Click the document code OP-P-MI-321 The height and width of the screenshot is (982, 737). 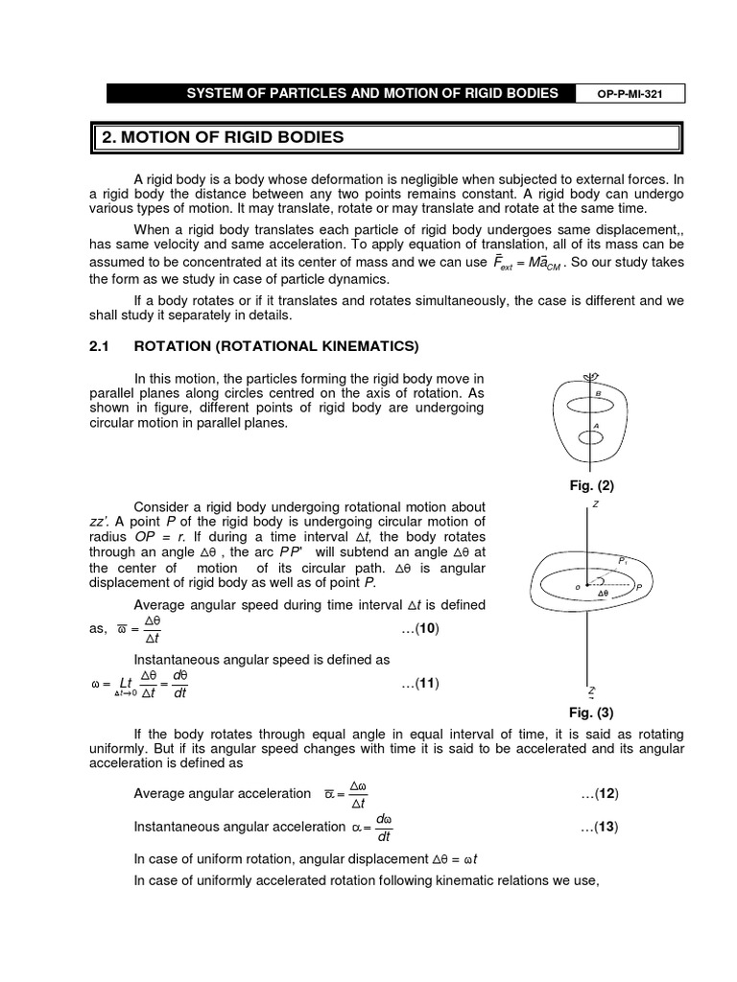pyautogui.click(x=627, y=93)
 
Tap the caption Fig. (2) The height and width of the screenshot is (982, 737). pyautogui.click(x=591, y=486)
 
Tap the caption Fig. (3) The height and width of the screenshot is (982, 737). pyautogui.click(x=591, y=713)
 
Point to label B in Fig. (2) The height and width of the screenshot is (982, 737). pyautogui.click(x=598, y=393)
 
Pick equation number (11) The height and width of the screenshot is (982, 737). pyautogui.click(x=420, y=683)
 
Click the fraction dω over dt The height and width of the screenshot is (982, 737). pyautogui.click(x=384, y=827)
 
